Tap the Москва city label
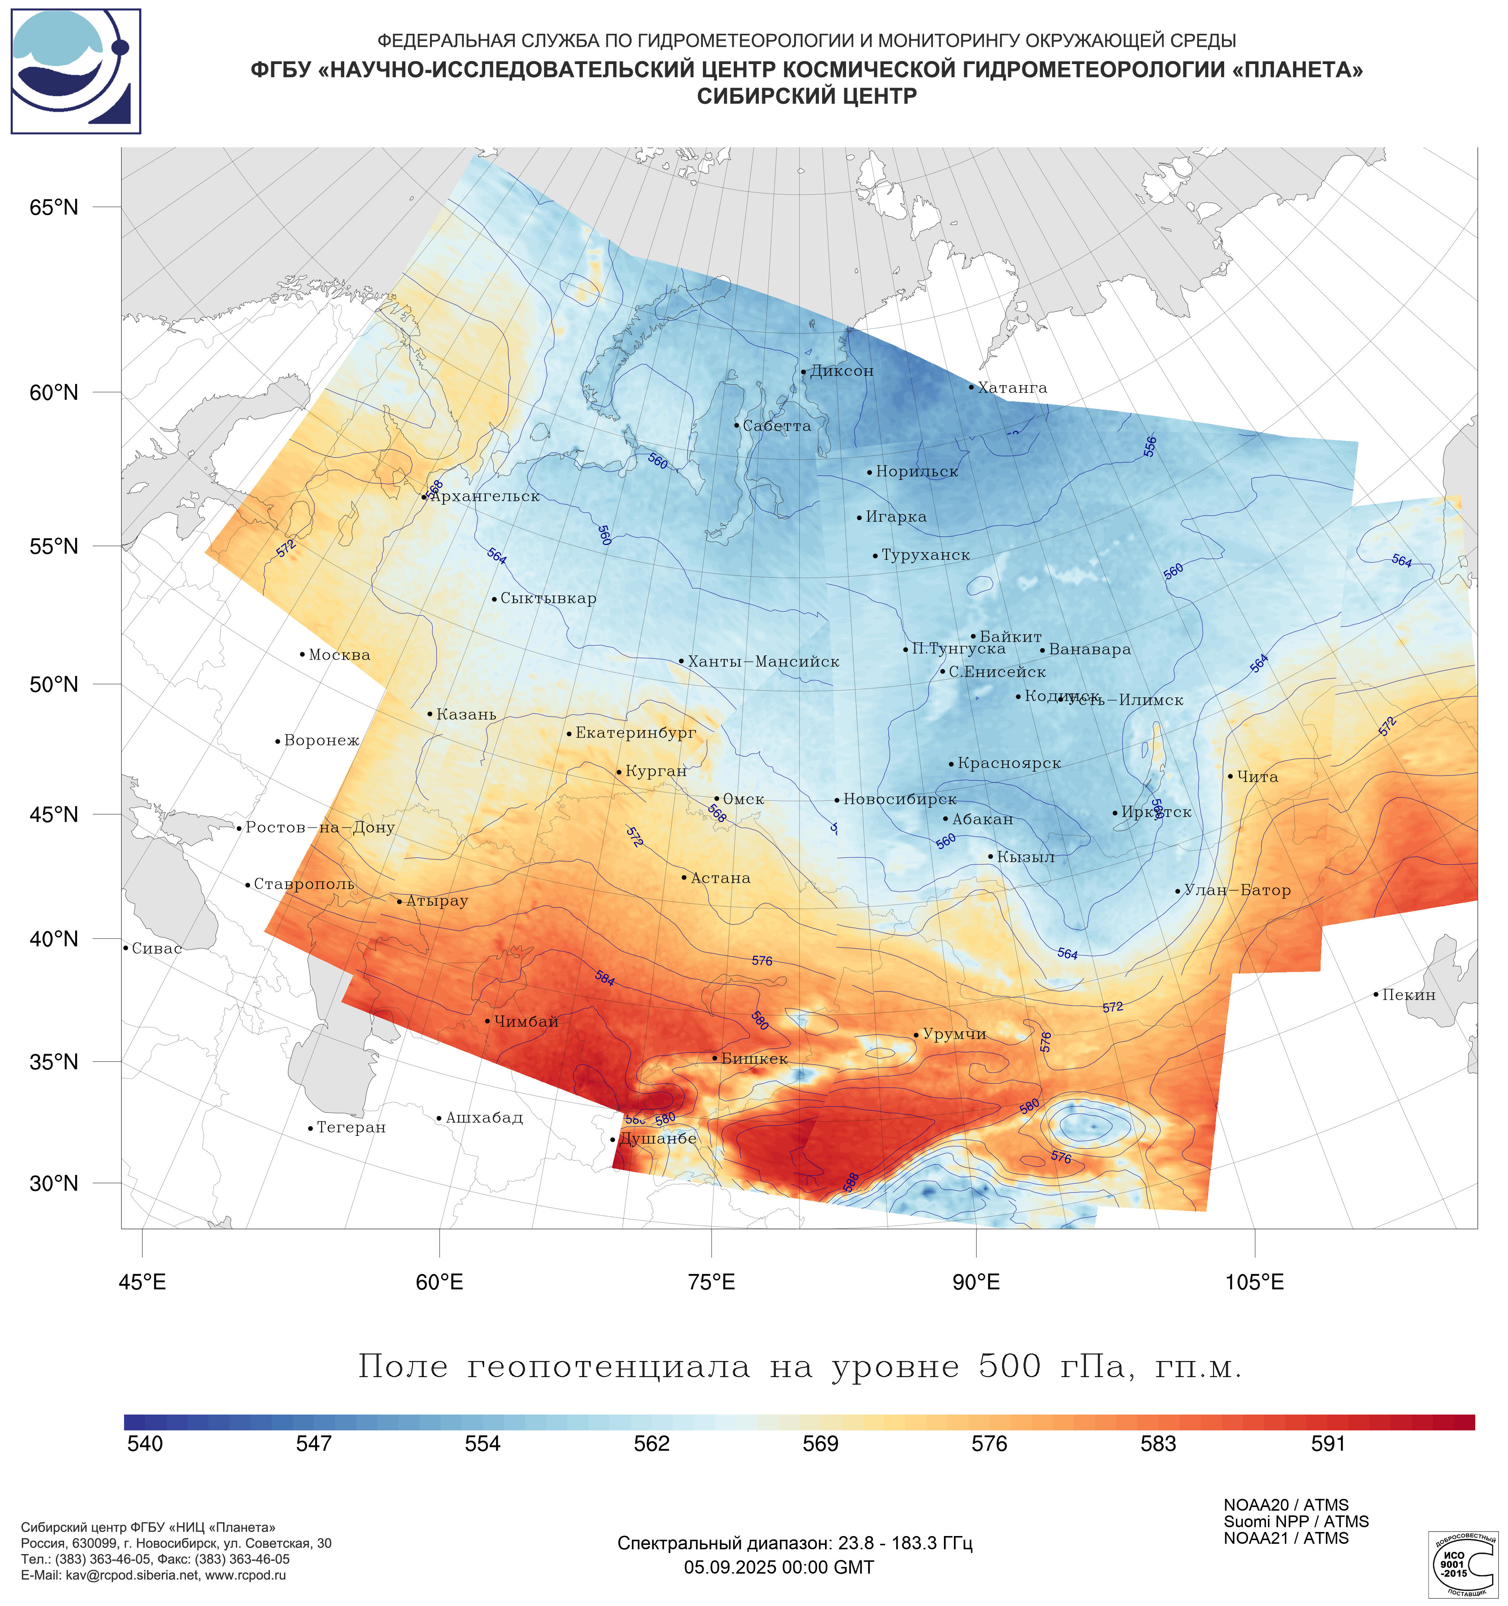point(339,655)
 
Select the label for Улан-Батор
point(1237,890)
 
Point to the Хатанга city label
point(1012,388)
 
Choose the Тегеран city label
point(350,1128)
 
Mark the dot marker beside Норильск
point(869,473)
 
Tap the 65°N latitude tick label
point(54,208)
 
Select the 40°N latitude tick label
point(54,939)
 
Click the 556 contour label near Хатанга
point(1150,447)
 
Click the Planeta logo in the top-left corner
point(76,71)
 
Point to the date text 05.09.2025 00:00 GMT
point(779,1567)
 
